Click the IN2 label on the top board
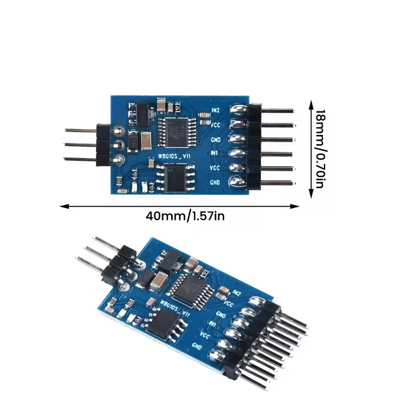click(x=215, y=110)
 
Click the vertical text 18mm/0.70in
click(x=319, y=148)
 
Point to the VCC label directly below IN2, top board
click(x=215, y=124)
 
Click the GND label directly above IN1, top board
click(x=215, y=139)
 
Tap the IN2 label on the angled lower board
click(x=237, y=293)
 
